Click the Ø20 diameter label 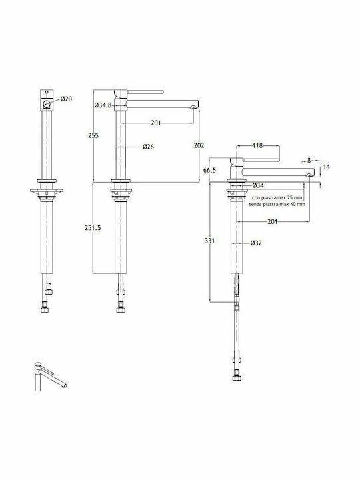[x=67, y=99]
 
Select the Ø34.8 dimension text [x=103, y=105]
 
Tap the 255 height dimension [x=93, y=135]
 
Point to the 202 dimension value [x=199, y=146]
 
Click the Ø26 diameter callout [x=148, y=147]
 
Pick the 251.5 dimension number [x=93, y=228]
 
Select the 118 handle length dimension [x=258, y=146]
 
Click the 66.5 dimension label [x=210, y=170]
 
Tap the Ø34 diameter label [x=258, y=185]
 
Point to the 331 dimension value [x=210, y=241]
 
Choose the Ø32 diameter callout [x=256, y=243]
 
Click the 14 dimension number [x=326, y=167]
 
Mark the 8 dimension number [x=309, y=161]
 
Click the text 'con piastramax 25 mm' [x=277, y=198]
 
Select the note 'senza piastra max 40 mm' [x=277, y=204]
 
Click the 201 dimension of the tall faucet [x=156, y=123]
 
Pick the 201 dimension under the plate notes [x=273, y=221]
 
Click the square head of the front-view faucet [x=47, y=100]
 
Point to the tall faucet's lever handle [x=145, y=92]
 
